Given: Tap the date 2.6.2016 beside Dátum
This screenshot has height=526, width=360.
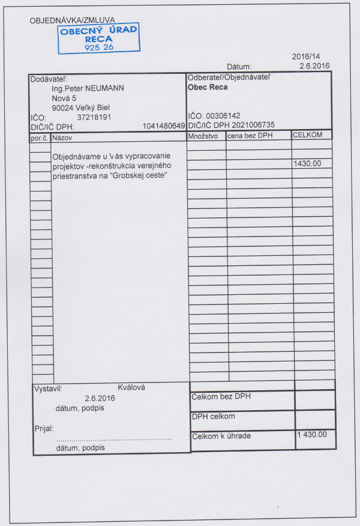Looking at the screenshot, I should (314, 66).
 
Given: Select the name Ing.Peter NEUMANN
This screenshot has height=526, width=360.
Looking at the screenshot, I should (88, 88).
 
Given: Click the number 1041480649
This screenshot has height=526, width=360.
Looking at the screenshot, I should (164, 126).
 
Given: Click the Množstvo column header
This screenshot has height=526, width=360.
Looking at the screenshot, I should (203, 136).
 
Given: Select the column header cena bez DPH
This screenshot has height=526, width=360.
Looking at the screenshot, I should (250, 136).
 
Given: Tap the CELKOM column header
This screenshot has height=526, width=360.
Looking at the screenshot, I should (307, 135).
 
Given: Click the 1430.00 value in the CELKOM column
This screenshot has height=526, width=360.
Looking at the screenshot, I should (307, 163).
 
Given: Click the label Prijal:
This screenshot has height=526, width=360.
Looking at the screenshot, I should (44, 429).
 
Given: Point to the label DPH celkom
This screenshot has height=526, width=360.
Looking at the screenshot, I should (213, 416).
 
